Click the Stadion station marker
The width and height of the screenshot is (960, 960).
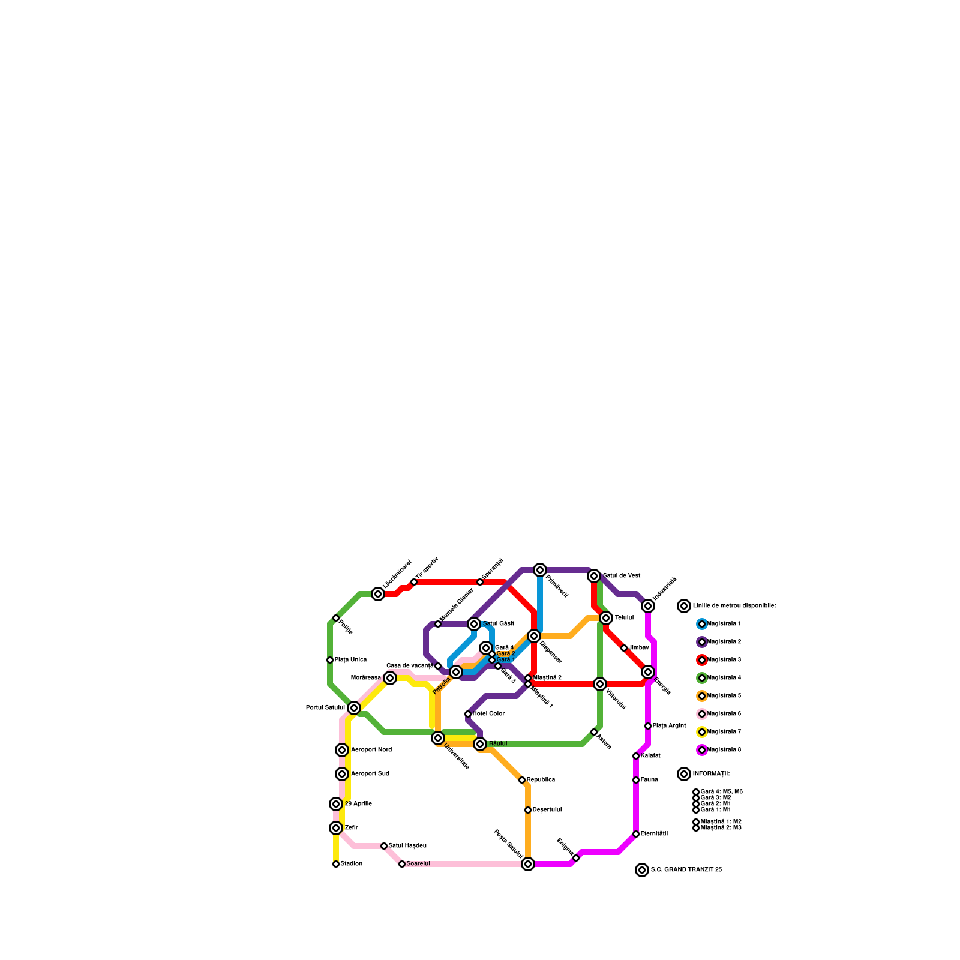336,864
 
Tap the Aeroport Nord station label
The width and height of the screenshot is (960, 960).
371,750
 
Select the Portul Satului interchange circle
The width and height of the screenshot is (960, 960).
354,708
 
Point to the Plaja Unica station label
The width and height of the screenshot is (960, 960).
350,660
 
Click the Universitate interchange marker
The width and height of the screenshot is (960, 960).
438,738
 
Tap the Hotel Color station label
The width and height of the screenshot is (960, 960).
488,714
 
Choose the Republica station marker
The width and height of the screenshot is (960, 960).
522,780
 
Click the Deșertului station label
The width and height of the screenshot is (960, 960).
547,810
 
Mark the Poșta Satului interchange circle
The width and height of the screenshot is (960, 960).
528,864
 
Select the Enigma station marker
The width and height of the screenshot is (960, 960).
576,858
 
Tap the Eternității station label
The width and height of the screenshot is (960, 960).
654,834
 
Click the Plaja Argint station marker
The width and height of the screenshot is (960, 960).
648,726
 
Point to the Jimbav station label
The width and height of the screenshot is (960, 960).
639,648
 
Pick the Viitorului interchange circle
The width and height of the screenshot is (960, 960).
600,684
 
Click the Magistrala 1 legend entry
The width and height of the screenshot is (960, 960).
724,624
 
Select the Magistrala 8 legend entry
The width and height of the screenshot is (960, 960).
724,750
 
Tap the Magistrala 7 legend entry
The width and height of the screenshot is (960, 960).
724,732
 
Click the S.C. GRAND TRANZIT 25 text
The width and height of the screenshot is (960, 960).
686,870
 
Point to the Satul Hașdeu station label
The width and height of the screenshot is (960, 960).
407,846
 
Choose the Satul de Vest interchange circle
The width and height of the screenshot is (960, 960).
594,576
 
